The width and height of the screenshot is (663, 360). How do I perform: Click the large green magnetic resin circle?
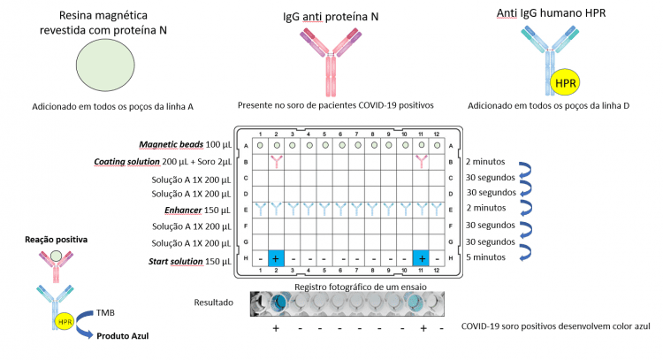pos(105,65)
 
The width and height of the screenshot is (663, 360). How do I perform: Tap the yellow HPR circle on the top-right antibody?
pos(565,83)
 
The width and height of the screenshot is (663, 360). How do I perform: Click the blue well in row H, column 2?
pos(276,258)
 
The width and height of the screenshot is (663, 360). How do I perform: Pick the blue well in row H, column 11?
pos(421,258)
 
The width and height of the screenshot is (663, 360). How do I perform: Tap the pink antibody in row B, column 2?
pos(277,162)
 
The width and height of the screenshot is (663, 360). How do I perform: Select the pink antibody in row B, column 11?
pos(421,162)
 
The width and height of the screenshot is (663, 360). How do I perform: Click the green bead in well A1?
pos(260,146)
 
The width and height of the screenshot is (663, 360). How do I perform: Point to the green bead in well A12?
pos(438,146)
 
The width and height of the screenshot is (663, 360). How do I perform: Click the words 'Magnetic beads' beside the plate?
pos(171,145)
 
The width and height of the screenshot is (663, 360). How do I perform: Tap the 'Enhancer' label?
pos(183,211)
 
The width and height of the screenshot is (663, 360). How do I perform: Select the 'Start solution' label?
pos(176,262)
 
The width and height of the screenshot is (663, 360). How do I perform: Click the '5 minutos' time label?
pos(486,257)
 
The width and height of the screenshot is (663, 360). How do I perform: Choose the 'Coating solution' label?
pos(126,162)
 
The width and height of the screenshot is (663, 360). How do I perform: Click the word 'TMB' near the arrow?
pos(105,312)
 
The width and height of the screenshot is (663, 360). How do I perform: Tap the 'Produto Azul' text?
pos(123,336)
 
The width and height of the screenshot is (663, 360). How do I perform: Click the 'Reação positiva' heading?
pos(57,240)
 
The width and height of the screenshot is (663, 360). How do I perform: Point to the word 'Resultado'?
pos(214,303)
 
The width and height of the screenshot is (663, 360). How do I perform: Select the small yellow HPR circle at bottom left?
pos(65,322)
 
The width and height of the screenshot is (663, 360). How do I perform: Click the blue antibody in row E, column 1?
pos(261,210)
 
